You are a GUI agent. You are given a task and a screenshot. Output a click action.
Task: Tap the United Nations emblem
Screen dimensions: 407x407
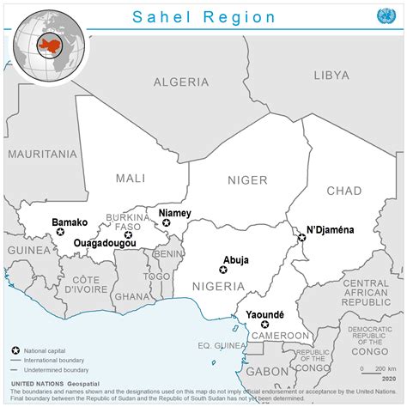(383, 16)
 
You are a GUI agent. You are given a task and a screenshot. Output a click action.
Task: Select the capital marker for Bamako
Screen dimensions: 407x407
(60, 232)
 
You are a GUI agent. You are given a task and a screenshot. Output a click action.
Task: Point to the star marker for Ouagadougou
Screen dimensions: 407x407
(128, 234)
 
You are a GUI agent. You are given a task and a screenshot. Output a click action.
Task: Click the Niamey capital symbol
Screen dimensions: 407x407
(167, 223)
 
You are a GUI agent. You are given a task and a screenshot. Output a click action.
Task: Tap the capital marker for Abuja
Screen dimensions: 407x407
(223, 270)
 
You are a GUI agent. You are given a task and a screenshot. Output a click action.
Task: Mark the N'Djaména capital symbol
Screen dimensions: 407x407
(301, 238)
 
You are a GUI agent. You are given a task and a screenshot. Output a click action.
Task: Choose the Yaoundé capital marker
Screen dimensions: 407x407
(264, 325)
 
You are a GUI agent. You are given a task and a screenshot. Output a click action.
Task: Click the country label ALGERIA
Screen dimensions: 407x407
(180, 82)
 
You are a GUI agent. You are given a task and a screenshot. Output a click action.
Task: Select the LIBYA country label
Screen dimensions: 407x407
(331, 76)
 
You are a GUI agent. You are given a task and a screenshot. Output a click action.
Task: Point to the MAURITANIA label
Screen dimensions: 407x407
(42, 155)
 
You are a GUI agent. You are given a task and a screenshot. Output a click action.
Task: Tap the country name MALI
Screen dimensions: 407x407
(131, 179)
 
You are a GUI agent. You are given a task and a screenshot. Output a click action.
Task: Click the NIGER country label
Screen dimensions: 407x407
(247, 179)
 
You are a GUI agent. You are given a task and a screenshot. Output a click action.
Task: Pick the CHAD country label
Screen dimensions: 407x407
(343, 190)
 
